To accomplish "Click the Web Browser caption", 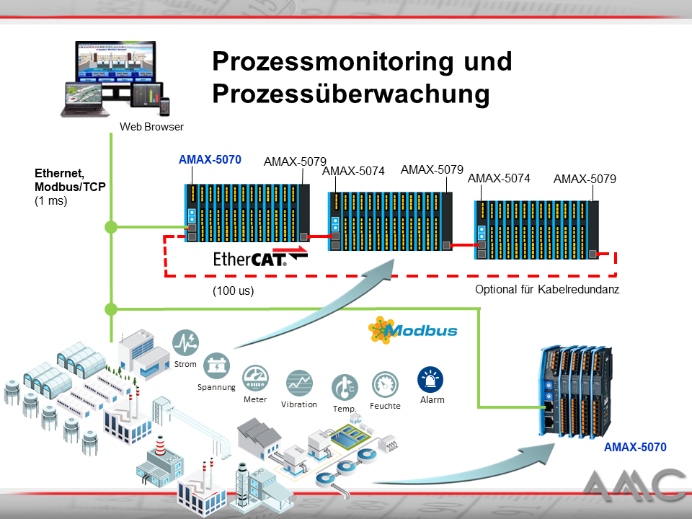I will click(x=151, y=127).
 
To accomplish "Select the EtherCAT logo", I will click(x=260, y=258).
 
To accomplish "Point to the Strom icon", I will click(x=186, y=342).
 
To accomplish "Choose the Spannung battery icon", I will click(x=216, y=366).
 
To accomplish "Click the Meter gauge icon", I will click(x=255, y=378).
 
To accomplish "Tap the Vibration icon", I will click(x=299, y=383).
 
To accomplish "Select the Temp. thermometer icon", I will click(x=345, y=388).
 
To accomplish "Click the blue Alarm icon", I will click(x=431, y=379).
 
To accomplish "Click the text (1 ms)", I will click(x=50, y=201).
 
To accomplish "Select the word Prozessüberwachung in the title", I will click(x=351, y=93).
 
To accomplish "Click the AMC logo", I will click(x=635, y=485).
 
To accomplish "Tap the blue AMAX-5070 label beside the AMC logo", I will click(x=634, y=447).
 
